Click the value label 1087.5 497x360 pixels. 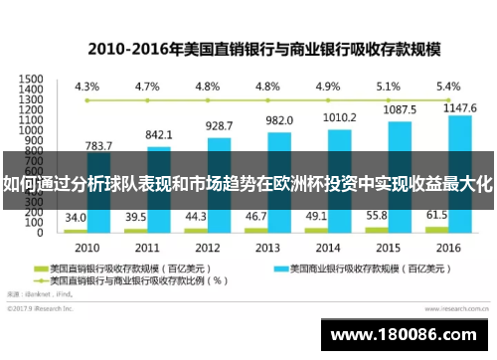click(400, 109)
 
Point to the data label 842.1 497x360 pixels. click(159, 134)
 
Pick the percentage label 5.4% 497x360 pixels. click(449, 86)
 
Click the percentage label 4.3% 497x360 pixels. click(87, 86)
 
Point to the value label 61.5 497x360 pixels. click(438, 215)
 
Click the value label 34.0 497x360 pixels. click(76, 217)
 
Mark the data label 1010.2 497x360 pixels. click(340, 116)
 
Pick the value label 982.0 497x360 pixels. click(279, 119)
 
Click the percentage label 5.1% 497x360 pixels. click(389, 86)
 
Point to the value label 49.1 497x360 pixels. click(317, 216)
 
